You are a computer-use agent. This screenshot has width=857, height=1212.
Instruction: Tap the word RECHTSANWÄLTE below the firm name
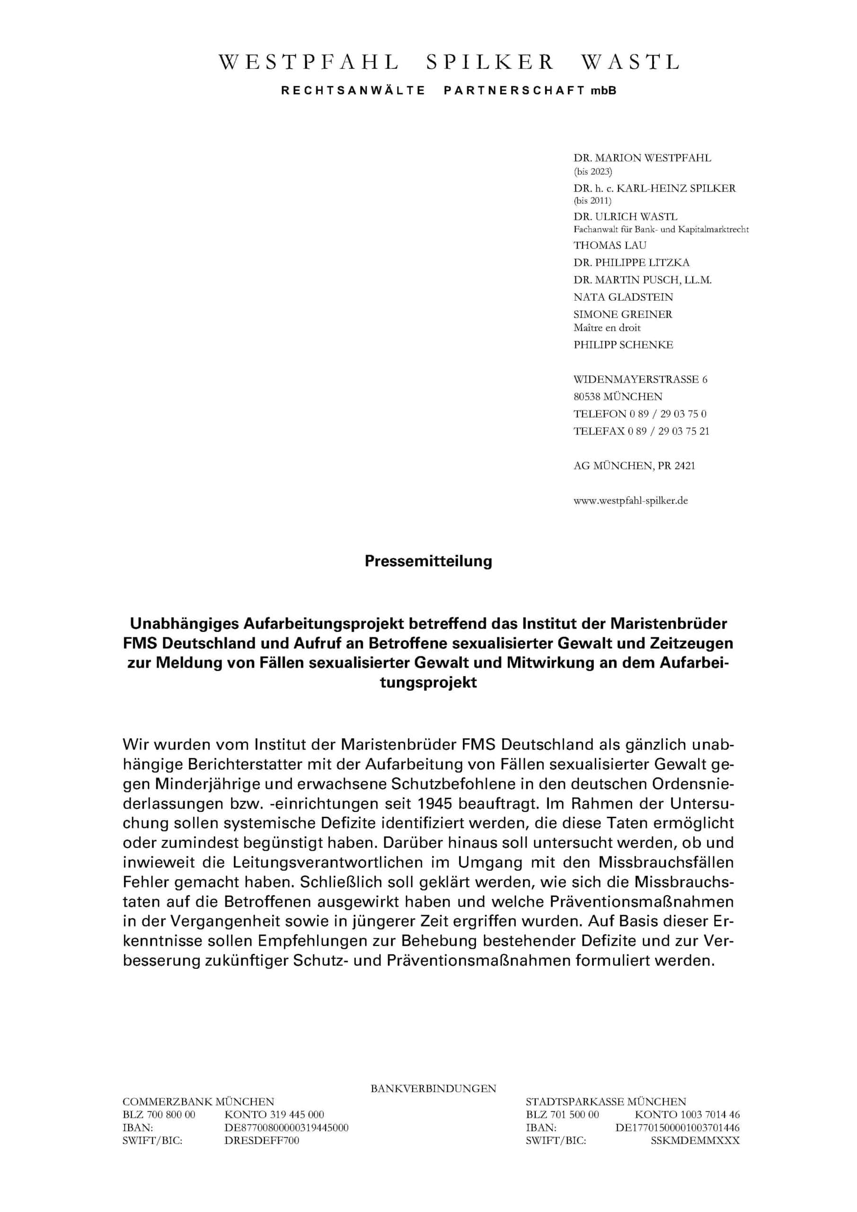[353, 91]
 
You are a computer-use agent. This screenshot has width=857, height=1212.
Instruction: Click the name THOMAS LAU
[610, 245]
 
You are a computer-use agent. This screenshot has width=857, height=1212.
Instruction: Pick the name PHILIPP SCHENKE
[623, 345]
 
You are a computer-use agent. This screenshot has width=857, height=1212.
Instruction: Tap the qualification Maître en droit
[607, 327]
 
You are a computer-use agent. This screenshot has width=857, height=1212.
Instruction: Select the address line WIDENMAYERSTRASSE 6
[640, 379]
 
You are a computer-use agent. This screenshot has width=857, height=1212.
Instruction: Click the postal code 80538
[586, 396]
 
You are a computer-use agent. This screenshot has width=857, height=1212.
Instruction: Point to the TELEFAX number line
[641, 431]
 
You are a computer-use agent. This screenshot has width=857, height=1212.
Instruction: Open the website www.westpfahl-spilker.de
[631, 500]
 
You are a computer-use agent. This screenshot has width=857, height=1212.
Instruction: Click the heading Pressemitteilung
[428, 561]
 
